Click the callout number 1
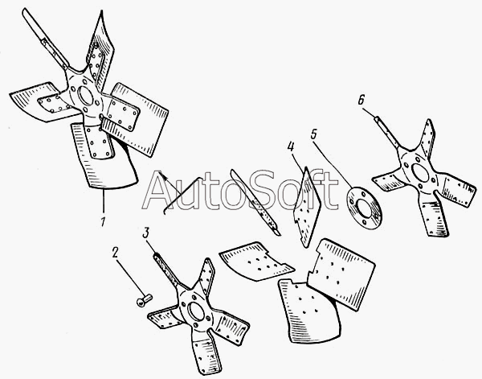click(103, 221)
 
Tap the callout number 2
click(115, 253)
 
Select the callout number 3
click(145, 233)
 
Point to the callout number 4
click(291, 146)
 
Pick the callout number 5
click(313, 134)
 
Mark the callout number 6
click(361, 100)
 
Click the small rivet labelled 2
click(144, 300)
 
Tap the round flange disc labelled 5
click(365, 208)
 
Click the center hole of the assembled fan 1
click(86, 96)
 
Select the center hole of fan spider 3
click(196, 311)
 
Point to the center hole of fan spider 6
click(420, 173)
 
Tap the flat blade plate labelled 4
click(307, 207)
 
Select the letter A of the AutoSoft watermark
click(161, 190)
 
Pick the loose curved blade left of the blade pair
click(257, 261)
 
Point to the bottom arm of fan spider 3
click(206, 351)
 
